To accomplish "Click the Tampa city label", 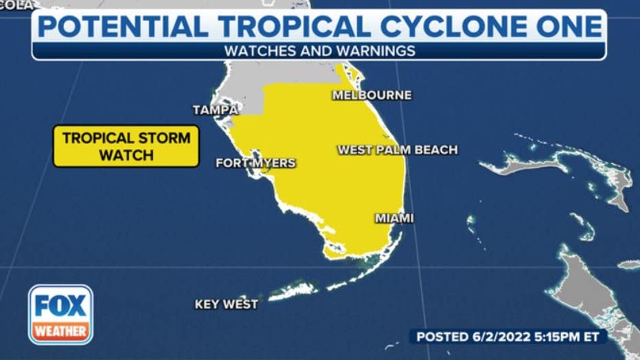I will (x=215, y=110).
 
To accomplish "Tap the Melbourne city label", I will (x=372, y=95).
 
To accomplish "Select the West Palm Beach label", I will (x=397, y=150).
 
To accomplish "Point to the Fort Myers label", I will (x=255, y=164).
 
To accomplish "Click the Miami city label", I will (x=394, y=218).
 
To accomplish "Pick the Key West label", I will (x=226, y=304).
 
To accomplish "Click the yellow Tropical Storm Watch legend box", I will (x=126, y=146).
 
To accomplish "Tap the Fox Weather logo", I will (x=60, y=314).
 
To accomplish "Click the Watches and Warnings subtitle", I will (x=319, y=51).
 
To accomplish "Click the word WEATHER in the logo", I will (x=60, y=331).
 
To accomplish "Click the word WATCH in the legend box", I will (x=126, y=155).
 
